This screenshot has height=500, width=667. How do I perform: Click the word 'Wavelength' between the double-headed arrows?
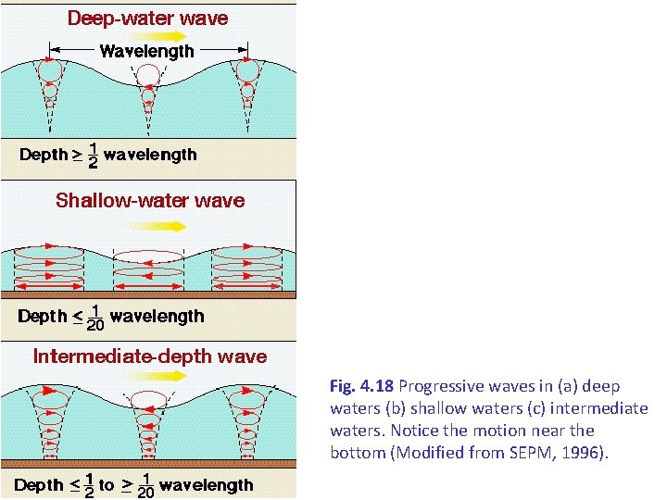click(147, 52)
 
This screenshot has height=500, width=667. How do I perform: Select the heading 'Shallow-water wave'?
click(150, 200)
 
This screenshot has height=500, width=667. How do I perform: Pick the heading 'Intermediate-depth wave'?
click(150, 356)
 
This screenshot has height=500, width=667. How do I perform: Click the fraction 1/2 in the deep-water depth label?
click(93, 155)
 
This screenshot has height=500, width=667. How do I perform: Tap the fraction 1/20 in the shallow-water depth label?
click(94, 317)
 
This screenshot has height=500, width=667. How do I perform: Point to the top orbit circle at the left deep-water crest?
click(50, 69)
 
